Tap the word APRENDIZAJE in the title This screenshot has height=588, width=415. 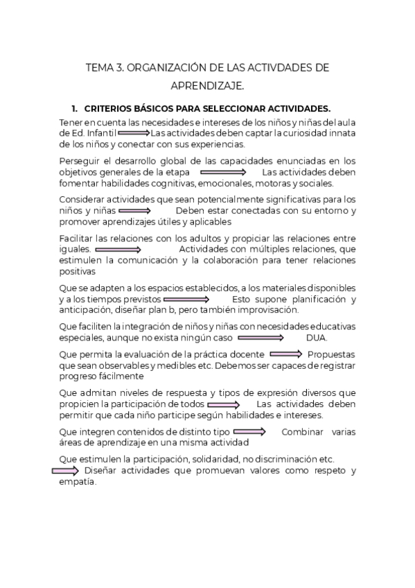[206, 87]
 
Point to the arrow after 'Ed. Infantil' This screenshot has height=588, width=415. [133, 132]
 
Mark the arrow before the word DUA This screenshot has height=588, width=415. [261, 338]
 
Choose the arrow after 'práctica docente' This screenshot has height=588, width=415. [286, 354]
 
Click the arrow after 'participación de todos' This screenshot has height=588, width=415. [223, 404]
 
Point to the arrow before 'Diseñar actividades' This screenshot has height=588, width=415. [66, 471]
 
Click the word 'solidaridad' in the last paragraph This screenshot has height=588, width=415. [211, 459]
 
